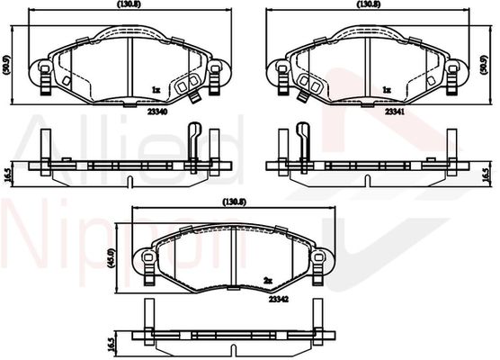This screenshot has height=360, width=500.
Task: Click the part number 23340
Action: point(157,112)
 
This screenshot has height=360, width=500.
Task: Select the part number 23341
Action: point(395,112)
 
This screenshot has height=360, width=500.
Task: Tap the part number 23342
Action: point(279,299)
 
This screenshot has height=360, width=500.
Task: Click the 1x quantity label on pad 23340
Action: point(156,90)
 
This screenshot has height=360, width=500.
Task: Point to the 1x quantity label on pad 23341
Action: point(387,90)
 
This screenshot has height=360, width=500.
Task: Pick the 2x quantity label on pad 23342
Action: point(268,281)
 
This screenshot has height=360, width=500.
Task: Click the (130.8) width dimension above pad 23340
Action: point(129,4)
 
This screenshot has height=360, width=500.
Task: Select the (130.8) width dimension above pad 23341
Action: point(369,4)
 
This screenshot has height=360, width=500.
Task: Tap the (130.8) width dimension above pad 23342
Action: point(235,202)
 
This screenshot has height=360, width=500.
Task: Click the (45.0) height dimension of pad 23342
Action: point(111,258)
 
